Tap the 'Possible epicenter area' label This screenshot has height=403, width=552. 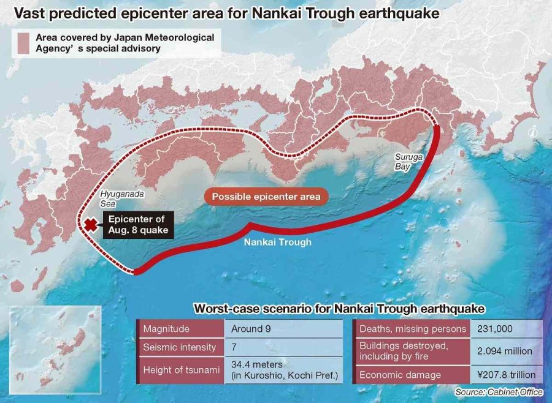point(266,197)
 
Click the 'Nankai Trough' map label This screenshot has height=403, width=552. point(277,242)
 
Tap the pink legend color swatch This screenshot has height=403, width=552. point(23,43)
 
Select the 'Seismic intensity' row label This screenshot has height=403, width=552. point(179,347)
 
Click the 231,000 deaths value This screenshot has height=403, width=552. point(497,329)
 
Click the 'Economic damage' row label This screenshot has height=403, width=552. point(400,375)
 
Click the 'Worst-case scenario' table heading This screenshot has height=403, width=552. point(339,308)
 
